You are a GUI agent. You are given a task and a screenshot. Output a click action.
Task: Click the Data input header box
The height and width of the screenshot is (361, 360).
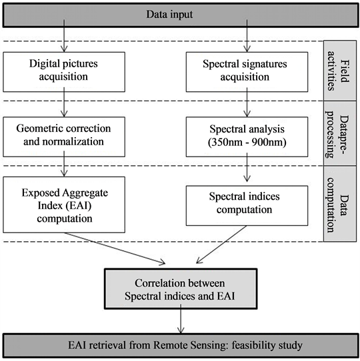pyautogui.click(x=181, y=15)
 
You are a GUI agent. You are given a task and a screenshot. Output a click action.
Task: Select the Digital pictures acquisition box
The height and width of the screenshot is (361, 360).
pyautogui.click(x=64, y=72)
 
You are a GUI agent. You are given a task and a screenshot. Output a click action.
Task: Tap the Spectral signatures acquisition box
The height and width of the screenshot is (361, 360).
pyautogui.click(x=247, y=72)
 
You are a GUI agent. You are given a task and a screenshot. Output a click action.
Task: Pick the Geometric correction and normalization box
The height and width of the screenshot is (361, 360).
pyautogui.click(x=64, y=137)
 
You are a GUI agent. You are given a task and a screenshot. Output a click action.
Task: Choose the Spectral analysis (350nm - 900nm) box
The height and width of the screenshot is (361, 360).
pyautogui.click(x=247, y=137)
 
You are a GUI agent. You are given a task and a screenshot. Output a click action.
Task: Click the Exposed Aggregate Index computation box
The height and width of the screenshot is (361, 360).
pyautogui.click(x=64, y=204)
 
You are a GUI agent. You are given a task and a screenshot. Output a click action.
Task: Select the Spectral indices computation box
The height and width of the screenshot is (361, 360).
pyautogui.click(x=247, y=206)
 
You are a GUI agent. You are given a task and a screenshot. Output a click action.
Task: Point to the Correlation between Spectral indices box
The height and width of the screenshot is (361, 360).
pyautogui.click(x=181, y=288)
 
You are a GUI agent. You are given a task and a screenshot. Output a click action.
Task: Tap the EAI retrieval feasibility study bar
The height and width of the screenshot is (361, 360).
pyautogui.click(x=181, y=345)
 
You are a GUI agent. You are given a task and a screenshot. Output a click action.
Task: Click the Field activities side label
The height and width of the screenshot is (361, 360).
pyautogui.click(x=340, y=71)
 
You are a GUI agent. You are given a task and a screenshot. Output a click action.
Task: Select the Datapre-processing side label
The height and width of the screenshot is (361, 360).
pyautogui.click(x=340, y=133)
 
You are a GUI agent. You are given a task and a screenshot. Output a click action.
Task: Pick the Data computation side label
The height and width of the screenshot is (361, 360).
pyautogui.click(x=340, y=204)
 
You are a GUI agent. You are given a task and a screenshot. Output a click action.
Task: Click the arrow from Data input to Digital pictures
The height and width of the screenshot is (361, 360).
pyautogui.click(x=64, y=36)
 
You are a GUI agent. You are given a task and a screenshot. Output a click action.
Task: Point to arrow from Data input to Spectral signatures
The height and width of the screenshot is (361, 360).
pyautogui.click(x=247, y=36)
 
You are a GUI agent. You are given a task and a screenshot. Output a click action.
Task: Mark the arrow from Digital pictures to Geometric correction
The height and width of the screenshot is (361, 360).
pyautogui.click(x=64, y=102)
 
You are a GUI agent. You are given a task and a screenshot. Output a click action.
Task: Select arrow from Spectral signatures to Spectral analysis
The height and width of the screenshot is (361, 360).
pyautogui.click(x=247, y=102)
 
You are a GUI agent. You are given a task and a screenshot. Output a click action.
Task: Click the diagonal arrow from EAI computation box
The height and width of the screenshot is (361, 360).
pyautogui.click(x=115, y=248)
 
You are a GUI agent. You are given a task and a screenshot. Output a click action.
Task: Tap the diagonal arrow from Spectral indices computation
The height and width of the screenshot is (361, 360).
pyautogui.click(x=221, y=244)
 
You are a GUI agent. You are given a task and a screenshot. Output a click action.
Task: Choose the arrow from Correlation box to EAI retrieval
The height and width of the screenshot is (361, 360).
pyautogui.click(x=181, y=319)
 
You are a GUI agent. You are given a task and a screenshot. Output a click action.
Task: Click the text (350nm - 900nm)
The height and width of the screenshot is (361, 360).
pyautogui.click(x=247, y=143)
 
